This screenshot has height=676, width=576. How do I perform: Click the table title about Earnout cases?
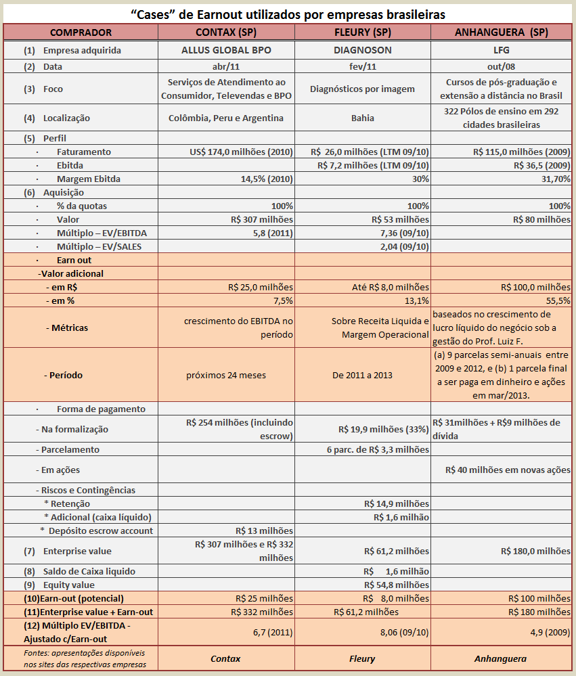tap(288, 14)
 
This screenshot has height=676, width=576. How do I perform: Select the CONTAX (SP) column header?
tap(226, 32)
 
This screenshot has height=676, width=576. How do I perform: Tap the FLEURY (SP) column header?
tap(362, 32)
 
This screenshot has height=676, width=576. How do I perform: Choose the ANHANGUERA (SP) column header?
tap(502, 32)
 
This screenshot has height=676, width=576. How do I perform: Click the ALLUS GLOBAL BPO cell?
tap(226, 50)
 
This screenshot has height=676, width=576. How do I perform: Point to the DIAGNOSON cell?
tap(362, 50)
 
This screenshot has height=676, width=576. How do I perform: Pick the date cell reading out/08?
tap(502, 67)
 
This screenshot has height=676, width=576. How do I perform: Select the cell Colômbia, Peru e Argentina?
tap(226, 118)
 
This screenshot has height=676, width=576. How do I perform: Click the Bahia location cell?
tap(362, 118)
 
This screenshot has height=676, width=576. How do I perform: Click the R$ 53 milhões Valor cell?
tap(400, 219)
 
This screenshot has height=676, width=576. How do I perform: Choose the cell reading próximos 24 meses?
tap(226, 375)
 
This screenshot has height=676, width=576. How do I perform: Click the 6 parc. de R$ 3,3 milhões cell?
tap(378, 449)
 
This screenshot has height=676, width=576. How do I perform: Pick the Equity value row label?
tap(69, 585)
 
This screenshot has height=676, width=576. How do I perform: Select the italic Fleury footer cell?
tap(362, 658)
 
